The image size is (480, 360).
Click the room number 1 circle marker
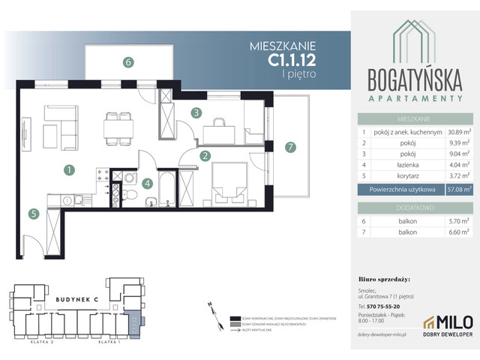68,170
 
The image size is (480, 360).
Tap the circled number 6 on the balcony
128,63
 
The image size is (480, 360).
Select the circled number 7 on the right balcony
290,147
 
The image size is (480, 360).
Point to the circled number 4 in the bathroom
148,182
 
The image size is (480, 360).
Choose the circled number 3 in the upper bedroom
195,113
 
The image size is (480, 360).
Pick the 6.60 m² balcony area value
457,232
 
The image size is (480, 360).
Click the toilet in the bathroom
130,195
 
